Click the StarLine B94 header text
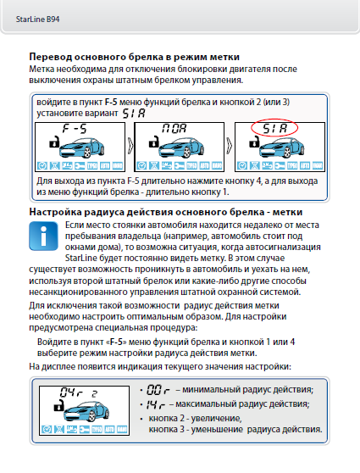[x=37, y=19]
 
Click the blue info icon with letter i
[x=43, y=236]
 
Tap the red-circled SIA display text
[x=274, y=129]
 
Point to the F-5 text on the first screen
[x=75, y=129]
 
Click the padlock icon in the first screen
[x=53, y=142]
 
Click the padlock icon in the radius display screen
[x=58, y=405]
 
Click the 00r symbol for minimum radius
[x=158, y=390]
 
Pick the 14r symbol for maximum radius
[x=156, y=404]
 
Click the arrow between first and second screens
[x=130, y=146]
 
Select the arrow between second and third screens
[x=230, y=146]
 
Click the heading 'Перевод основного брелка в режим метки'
[x=134, y=57]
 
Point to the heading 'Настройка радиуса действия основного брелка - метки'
[x=166, y=212]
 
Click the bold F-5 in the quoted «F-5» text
[x=116, y=342]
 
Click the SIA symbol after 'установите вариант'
[x=134, y=114]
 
